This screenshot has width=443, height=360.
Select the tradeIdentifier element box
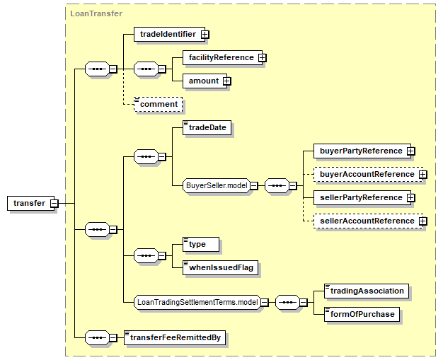[167, 33]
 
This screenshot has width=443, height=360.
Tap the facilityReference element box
[219, 57]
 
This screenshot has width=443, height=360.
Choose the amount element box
[203, 81]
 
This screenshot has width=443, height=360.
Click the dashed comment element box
[159, 105]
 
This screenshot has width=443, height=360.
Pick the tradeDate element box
[207, 128]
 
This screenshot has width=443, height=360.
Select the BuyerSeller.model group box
[216, 186]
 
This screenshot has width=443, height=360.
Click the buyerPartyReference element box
[359, 151]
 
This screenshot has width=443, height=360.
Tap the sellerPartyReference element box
[359, 197]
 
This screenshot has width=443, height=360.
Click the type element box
[200, 244]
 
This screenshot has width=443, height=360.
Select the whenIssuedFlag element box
[219, 267]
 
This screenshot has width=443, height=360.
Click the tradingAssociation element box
[366, 291]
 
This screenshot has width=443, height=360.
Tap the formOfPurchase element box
[362, 314]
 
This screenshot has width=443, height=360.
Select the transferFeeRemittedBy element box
[174, 337]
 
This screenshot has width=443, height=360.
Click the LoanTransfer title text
[96, 13]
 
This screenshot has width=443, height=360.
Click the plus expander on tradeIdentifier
[205, 33]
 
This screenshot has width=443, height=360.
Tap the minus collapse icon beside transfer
[54, 204]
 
